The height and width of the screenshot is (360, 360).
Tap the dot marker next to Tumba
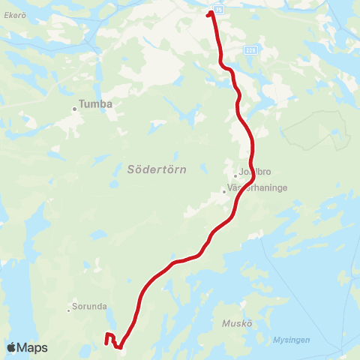click(x=74, y=109)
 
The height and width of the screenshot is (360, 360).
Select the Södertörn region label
click(x=152, y=170)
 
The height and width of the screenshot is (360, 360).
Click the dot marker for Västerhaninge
click(x=223, y=191)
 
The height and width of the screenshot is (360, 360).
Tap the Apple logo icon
click(x=12, y=347)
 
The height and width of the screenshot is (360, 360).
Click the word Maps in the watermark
click(x=33, y=348)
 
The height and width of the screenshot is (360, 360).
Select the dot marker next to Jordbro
click(x=235, y=176)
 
